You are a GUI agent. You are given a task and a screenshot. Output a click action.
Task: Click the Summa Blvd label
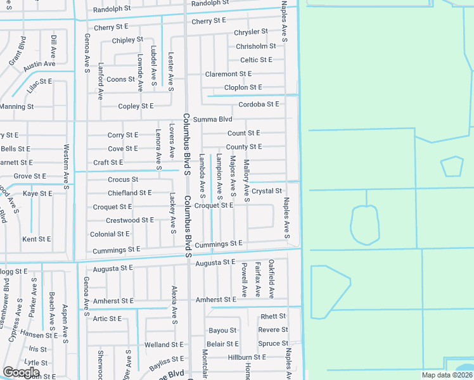point(212,119)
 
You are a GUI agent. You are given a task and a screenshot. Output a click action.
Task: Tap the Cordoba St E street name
point(259,104)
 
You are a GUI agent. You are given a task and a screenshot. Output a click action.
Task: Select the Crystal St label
point(266,191)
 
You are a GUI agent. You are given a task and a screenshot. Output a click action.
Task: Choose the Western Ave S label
point(66,160)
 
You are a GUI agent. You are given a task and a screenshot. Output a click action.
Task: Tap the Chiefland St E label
point(129,193)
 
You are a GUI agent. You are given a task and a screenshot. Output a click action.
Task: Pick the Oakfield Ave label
point(271,279)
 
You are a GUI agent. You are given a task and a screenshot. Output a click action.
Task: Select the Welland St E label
point(163,345)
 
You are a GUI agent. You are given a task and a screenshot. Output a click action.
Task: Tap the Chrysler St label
point(251,32)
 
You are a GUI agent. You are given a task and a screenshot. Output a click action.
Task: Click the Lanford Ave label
point(100,82)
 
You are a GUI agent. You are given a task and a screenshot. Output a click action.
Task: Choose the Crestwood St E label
point(129,220)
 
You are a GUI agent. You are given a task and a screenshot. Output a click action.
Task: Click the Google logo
point(21,372)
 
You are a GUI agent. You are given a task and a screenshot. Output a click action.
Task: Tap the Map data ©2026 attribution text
point(447,375)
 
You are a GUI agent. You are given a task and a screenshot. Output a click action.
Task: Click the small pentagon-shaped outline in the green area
point(452,166)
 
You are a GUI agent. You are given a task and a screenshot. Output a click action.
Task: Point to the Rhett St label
point(273,316)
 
